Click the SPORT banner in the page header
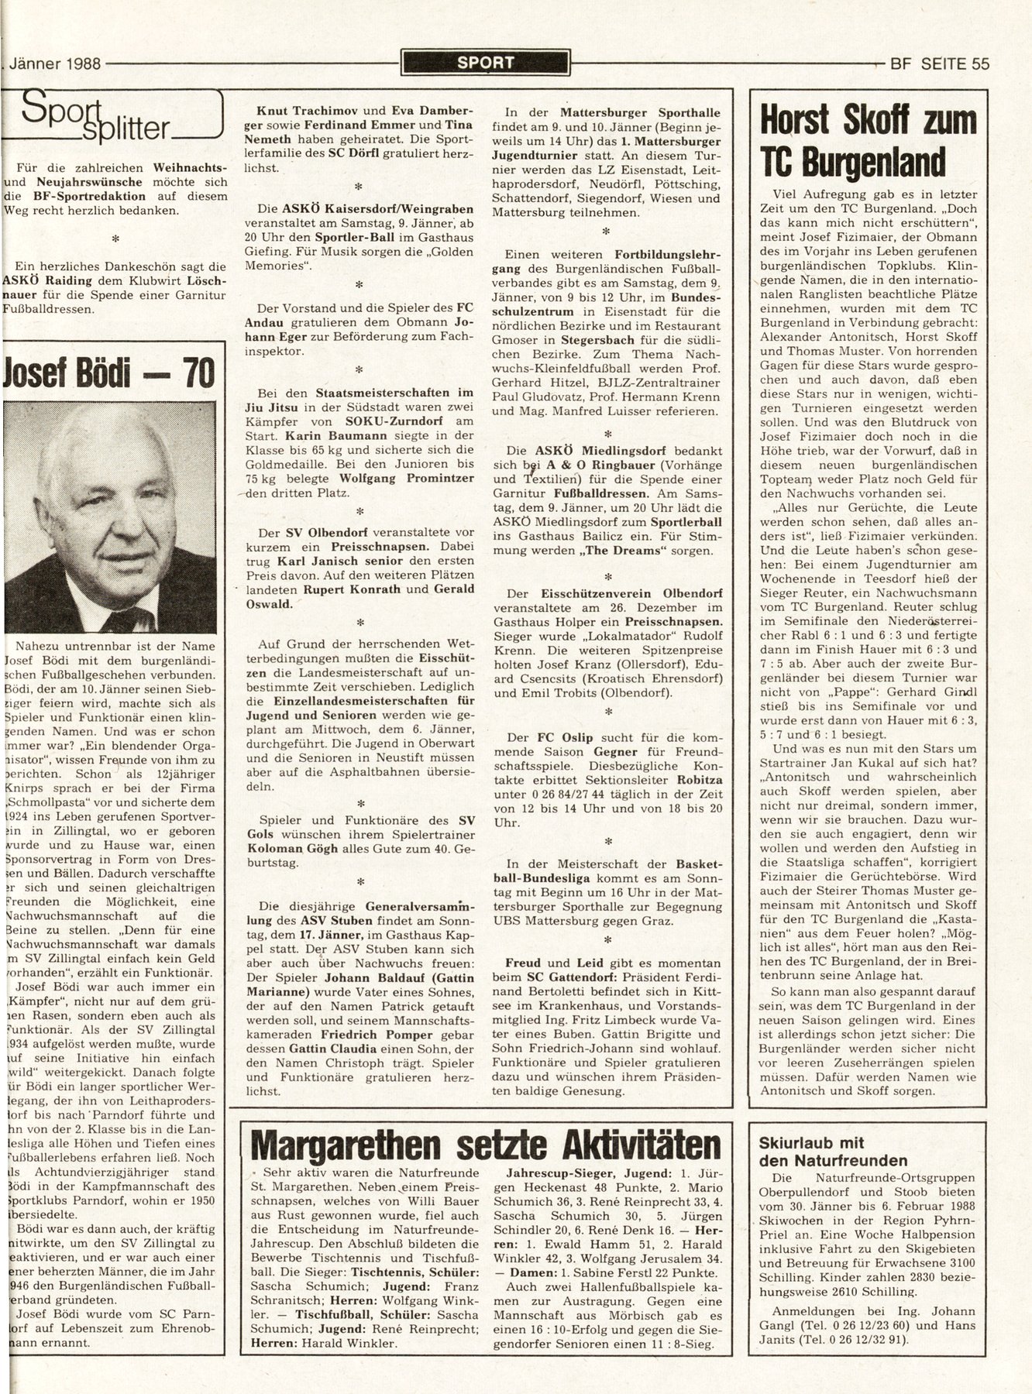click(485, 63)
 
